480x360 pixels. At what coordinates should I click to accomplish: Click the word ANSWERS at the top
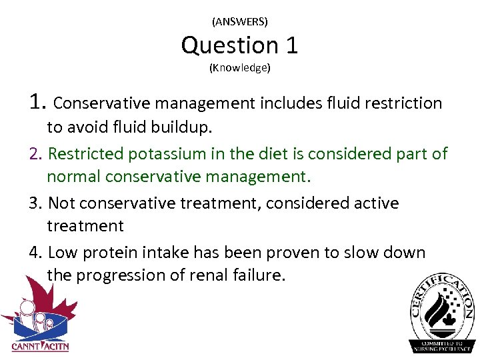tap(239, 22)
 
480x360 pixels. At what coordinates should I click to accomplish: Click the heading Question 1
tap(239, 45)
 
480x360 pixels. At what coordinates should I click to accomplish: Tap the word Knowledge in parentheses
tap(239, 68)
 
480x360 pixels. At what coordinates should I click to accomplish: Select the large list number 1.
tap(37, 102)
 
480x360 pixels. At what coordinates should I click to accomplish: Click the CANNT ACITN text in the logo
tap(40, 346)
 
